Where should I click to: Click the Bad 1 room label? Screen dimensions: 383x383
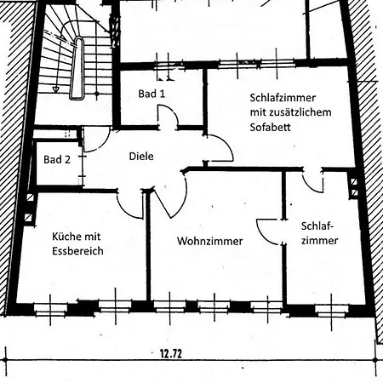[151, 94]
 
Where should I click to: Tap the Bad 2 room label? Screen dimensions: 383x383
[57, 159]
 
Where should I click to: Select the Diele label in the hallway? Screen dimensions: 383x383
[141, 156]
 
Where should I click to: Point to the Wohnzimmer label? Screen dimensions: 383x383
[210, 241]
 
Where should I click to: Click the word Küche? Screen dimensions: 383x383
[65, 236]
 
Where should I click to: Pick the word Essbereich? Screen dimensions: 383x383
[77, 251]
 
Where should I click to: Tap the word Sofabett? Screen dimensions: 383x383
[271, 127]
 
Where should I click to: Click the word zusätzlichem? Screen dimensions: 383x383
[301, 112]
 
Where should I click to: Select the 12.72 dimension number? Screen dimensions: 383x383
[171, 354]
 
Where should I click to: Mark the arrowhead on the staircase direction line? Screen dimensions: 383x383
[56, 89]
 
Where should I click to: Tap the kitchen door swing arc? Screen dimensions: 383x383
[125, 211]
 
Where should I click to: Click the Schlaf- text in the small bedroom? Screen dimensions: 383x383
[317, 226]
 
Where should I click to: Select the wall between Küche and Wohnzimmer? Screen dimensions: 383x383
[148, 245]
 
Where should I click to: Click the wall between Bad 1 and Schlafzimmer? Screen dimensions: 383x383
[205, 101]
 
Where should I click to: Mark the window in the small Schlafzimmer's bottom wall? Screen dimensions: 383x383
[332, 311]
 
